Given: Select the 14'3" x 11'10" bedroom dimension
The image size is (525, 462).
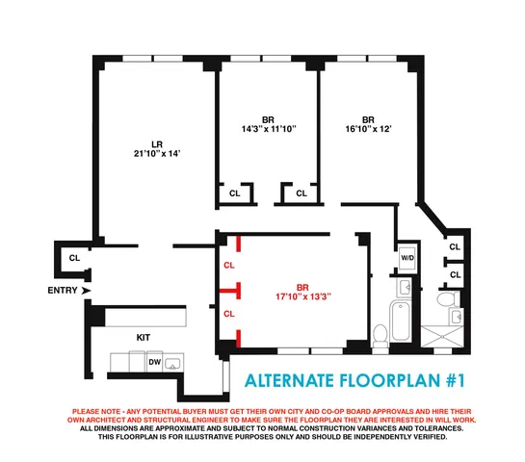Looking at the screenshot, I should pos(268,128).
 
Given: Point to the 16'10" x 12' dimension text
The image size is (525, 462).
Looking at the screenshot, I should pos(367,128).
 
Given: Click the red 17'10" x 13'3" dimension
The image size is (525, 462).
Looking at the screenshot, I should pos(302,297).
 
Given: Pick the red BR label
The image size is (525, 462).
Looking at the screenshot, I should pos(302,287).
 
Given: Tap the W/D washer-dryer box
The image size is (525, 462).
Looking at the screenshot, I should pos(407,258).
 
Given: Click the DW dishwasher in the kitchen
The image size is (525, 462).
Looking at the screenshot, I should pos(154,362).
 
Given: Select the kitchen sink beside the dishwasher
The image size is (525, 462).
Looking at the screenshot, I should pos(172,362).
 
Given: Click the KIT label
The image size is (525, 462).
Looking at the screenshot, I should pos(144,338).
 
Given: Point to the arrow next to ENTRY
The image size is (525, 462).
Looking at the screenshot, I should pos(87,290).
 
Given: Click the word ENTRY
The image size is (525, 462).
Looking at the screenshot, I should pos(62,290).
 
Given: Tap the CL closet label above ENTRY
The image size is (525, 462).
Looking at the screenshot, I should pos(73,258).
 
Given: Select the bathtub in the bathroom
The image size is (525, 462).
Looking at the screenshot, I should pos(401,319).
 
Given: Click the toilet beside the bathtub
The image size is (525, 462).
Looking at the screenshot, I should pos(381,335).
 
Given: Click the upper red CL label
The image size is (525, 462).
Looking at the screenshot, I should pos(228,265).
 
